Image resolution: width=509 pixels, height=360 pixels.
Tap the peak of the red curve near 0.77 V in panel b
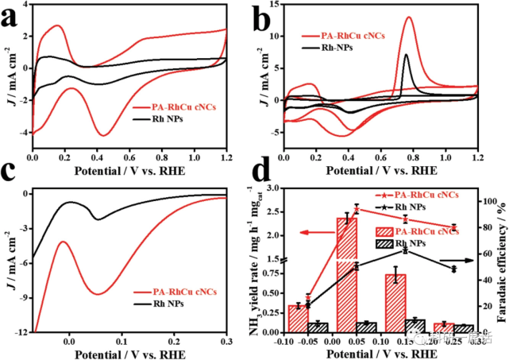click(409, 17)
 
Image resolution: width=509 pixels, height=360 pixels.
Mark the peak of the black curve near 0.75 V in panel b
click(406, 55)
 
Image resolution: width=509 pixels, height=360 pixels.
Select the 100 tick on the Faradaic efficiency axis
click(488, 202)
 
